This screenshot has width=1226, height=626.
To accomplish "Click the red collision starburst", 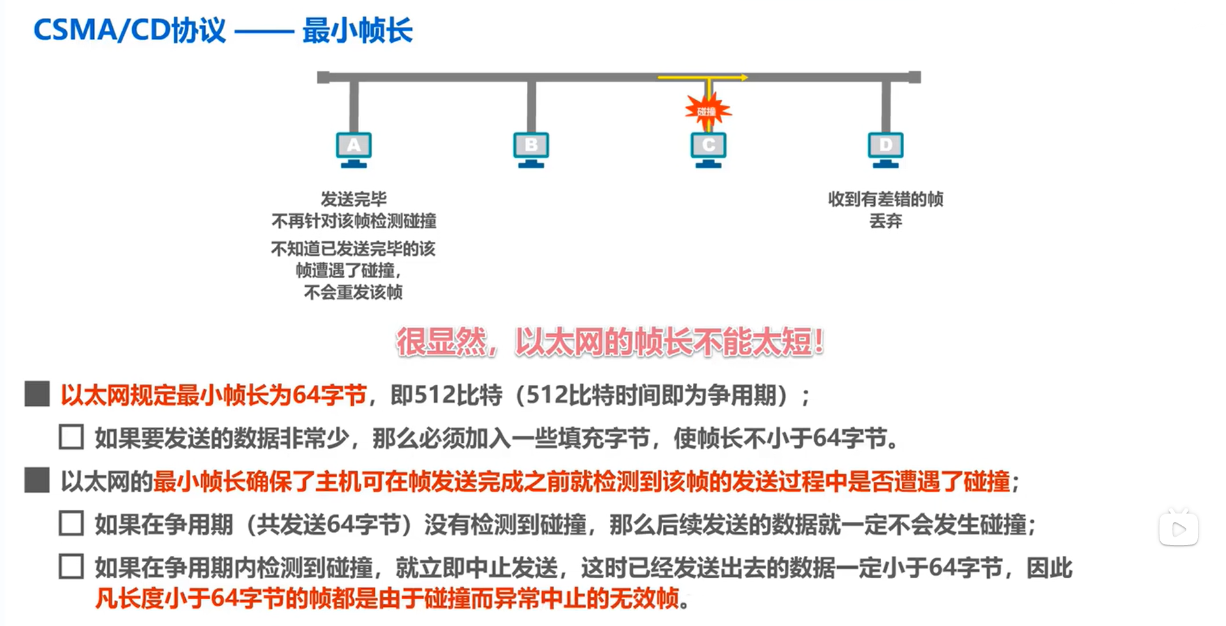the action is (x=708, y=111).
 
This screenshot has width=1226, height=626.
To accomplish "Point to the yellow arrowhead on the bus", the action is (x=744, y=77).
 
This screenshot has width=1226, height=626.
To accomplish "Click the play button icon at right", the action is (x=1179, y=528).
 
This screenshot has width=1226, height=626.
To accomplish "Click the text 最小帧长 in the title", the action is (x=358, y=30).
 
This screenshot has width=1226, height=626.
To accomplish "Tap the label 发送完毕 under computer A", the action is (x=354, y=199).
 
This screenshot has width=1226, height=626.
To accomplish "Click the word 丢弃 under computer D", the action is (x=886, y=221).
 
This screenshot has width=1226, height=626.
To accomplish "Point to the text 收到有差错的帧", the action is (x=886, y=199).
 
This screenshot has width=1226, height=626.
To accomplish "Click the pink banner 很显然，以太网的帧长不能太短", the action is (x=610, y=342).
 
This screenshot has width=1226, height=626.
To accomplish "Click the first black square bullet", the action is (x=37, y=394).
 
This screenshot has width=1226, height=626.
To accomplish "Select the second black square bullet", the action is (x=37, y=481).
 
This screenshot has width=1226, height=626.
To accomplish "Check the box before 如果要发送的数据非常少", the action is (x=71, y=437).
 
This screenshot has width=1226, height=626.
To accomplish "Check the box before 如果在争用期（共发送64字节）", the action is (x=71, y=523).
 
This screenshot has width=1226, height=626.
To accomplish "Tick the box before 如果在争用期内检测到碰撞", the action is (x=71, y=567).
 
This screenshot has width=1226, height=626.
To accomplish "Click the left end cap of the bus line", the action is (x=323, y=77).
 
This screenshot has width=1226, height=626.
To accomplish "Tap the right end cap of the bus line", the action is (x=914, y=77).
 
